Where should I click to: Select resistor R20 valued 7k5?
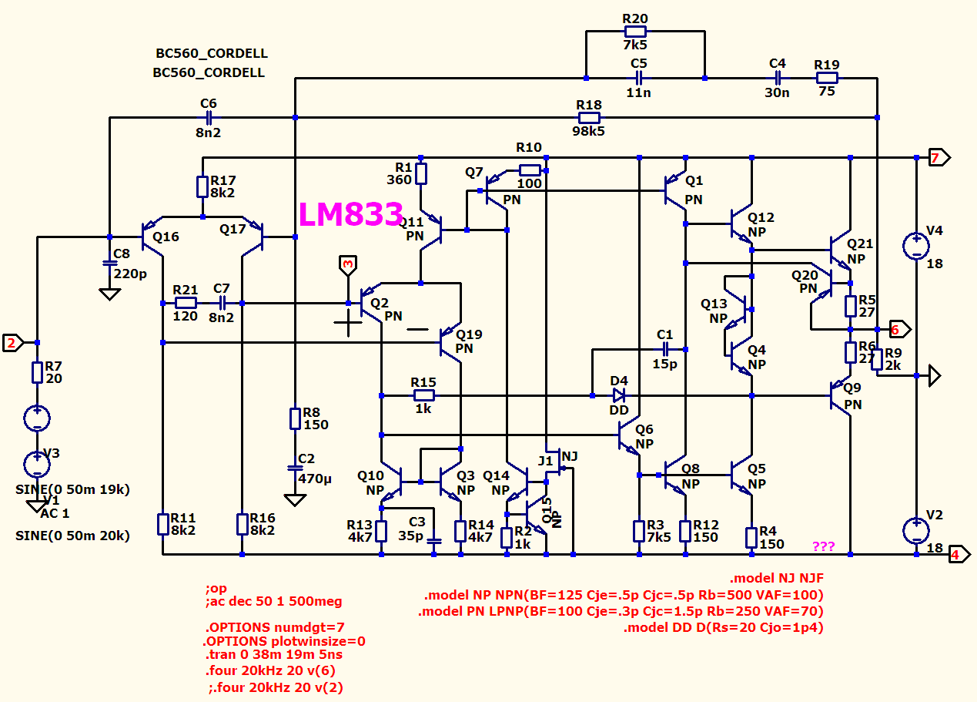[x=635, y=32]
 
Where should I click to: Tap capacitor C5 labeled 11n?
[x=638, y=79]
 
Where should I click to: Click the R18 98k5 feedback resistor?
[x=589, y=118]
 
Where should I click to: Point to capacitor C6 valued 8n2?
[x=209, y=118]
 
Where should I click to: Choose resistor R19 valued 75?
[x=827, y=79]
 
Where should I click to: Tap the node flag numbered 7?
[x=939, y=157]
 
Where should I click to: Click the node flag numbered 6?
[x=899, y=329]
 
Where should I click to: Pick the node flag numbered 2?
[x=13, y=343]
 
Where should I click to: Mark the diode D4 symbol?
[x=619, y=395]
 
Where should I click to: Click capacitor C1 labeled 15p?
[x=664, y=349]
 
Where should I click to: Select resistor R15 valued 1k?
[x=423, y=395]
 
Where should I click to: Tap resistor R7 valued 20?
[x=37, y=373]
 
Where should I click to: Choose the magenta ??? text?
[x=824, y=546]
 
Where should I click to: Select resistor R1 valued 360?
[x=421, y=173]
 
